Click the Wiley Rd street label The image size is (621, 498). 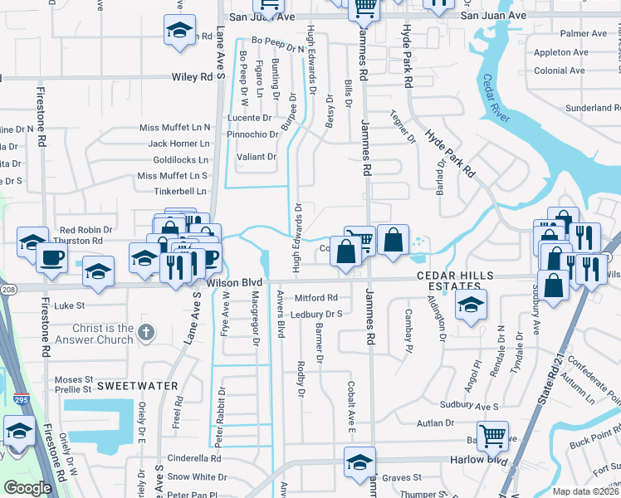click(193, 76)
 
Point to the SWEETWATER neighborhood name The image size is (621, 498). click(137, 386)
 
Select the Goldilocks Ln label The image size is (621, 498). click(180, 159)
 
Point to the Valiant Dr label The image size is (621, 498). click(257, 156)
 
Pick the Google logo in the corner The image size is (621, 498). click(27, 487)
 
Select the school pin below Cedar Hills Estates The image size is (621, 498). click(471, 305)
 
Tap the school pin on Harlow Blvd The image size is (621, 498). click(359, 461)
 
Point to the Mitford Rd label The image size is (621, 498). click(316, 297)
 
